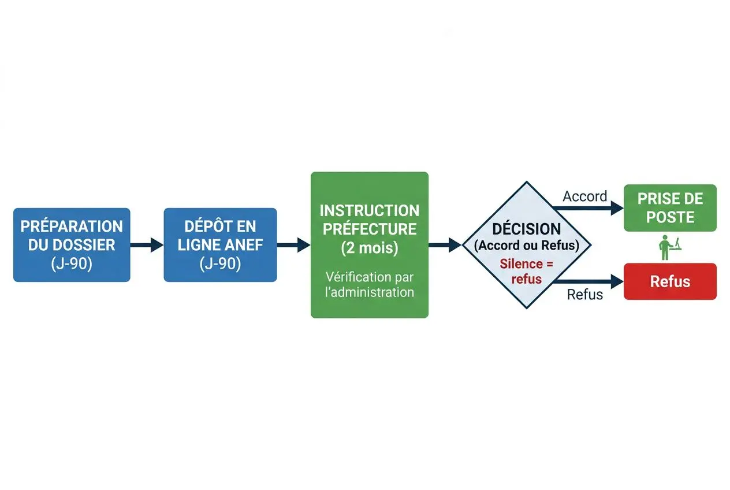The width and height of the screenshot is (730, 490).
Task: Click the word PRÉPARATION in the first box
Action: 72,226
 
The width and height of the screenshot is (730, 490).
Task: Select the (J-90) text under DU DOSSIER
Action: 72,263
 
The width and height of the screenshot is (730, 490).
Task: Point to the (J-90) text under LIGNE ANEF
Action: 220,263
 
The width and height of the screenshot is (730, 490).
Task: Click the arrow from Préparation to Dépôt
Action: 147,245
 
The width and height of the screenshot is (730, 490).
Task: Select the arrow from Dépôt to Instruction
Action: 293,245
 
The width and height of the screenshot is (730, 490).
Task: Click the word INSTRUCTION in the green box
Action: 370,210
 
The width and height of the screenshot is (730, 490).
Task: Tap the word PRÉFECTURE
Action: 370,229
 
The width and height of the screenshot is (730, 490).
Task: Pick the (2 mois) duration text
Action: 370,248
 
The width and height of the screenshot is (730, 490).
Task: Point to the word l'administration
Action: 370,292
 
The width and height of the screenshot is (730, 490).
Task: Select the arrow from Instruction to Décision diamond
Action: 445,245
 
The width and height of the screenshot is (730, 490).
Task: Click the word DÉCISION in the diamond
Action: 527,229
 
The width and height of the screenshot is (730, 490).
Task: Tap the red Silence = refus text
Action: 527,271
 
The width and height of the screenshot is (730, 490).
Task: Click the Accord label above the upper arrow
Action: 585,196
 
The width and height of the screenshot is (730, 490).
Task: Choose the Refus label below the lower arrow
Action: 585,294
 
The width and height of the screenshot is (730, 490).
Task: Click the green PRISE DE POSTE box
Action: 670,208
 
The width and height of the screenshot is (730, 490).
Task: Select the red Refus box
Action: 670,281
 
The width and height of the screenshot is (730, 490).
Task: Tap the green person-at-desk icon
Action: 669,248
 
